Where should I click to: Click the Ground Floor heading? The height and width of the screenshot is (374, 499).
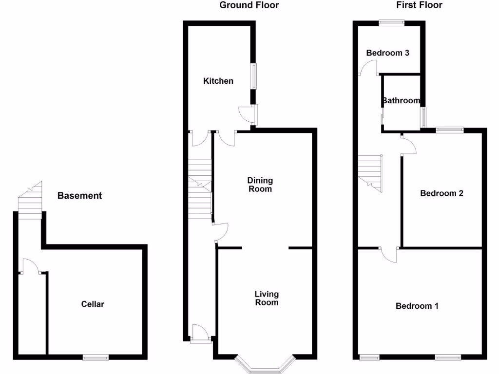(x=249, y=5)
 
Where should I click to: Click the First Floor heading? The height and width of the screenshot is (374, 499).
(x=419, y=5)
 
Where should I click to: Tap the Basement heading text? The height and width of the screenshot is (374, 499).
(x=80, y=196)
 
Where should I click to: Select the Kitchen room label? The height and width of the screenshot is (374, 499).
(x=218, y=81)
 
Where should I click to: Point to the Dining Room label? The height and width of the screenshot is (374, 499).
(x=260, y=185)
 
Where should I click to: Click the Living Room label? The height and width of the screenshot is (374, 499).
(x=267, y=298)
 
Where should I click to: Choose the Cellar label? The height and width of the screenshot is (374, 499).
(x=93, y=304)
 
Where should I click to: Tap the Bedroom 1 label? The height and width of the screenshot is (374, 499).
(x=417, y=306)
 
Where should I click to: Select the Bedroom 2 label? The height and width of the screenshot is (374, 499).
(x=441, y=193)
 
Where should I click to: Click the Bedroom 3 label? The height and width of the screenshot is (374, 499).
(x=387, y=53)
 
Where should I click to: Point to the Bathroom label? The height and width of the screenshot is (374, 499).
(x=401, y=101)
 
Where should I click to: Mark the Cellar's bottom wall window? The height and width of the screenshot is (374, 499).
(x=96, y=358)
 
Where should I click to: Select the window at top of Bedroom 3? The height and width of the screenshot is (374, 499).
(x=392, y=21)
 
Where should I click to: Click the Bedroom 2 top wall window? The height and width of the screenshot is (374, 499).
(x=449, y=130)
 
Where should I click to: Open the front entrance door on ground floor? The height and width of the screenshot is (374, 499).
(x=200, y=334)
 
